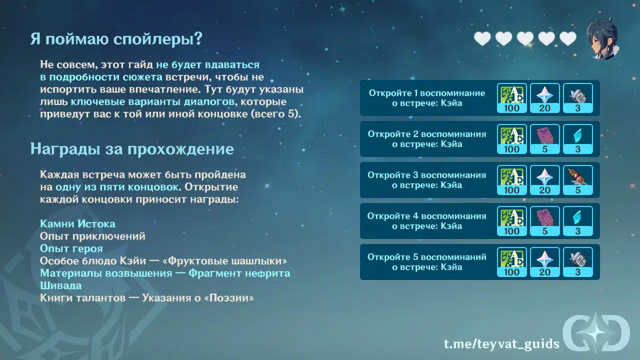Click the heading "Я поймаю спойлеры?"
[116, 38]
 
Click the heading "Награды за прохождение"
[132, 149]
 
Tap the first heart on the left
[482, 38]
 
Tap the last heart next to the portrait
[567, 38]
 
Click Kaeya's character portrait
[603, 38]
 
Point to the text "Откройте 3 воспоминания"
[427, 175]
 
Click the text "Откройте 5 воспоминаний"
[427, 257]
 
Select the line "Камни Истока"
[77, 223]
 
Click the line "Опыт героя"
[71, 248]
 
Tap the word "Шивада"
[60, 285]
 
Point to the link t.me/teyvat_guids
[501, 343]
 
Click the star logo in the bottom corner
[596, 333]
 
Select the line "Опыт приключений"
[92, 236]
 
